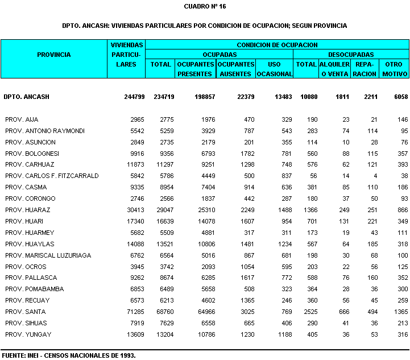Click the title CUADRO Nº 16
click(205, 6)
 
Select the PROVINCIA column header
click(54, 55)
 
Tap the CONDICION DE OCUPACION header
click(277, 44)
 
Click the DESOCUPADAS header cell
click(351, 55)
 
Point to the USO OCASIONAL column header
click(275, 69)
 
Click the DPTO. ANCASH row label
click(26, 97)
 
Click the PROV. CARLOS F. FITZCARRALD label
click(52, 176)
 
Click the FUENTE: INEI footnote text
click(68, 355)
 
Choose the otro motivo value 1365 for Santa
click(400, 312)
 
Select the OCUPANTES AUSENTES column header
click(235, 69)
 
